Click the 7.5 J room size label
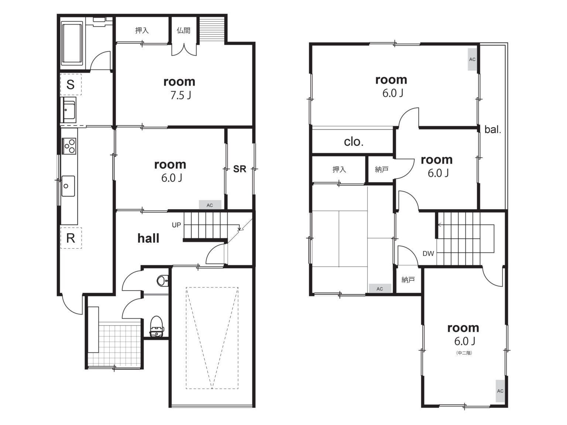[x=181, y=96]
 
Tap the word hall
[x=148, y=238]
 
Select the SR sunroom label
[x=240, y=169]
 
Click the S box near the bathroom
[x=71, y=84]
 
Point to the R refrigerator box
[x=71, y=238]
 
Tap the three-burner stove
[x=69, y=146]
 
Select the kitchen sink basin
[x=68, y=186]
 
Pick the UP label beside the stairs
[x=176, y=225]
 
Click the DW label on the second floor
[x=428, y=254]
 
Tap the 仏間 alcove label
[x=183, y=31]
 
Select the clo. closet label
[x=354, y=142]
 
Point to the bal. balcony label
[x=492, y=129]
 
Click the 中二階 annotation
[x=464, y=353]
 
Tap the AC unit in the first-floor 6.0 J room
[x=210, y=205]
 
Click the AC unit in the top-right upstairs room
[x=472, y=59]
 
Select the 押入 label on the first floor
[x=142, y=31]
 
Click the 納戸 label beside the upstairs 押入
[x=382, y=170]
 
